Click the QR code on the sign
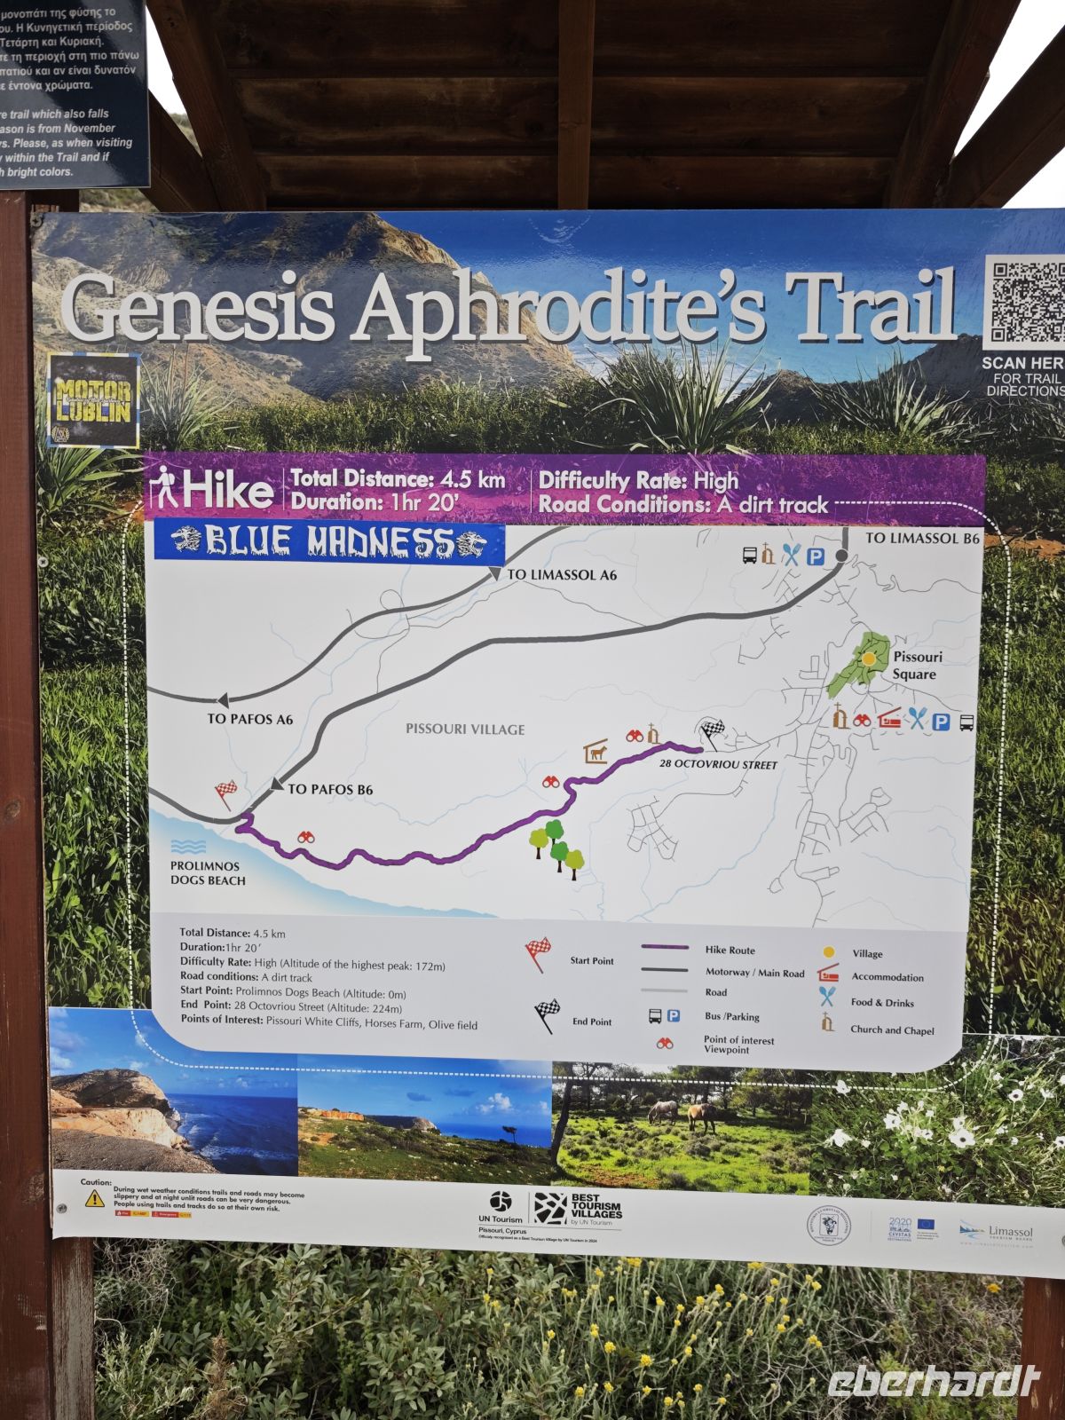click(x=1025, y=302)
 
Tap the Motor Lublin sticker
click(x=93, y=400)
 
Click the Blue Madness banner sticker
click(x=329, y=540)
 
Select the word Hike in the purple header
click(x=227, y=491)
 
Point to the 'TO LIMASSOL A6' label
click(x=562, y=575)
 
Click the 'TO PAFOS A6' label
click(x=249, y=719)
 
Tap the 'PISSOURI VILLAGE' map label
click(x=465, y=730)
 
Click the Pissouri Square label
click(x=916, y=666)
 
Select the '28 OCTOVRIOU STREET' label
click(x=718, y=765)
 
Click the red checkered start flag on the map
click(x=225, y=792)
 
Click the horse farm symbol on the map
click(x=596, y=753)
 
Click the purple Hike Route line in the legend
click(x=664, y=948)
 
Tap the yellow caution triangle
click(x=94, y=1198)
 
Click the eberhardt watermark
click(x=933, y=1381)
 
